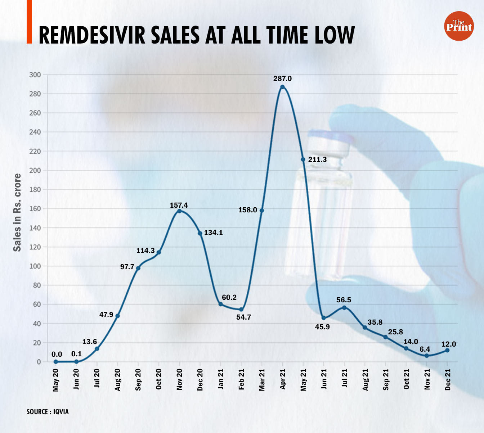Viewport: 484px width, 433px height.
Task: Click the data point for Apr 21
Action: [x=282, y=87]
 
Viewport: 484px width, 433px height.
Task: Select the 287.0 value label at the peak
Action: [x=282, y=78]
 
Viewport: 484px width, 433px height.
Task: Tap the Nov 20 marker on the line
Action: [x=179, y=211]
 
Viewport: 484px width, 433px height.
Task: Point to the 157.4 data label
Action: [x=179, y=205]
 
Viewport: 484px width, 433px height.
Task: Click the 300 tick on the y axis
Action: [x=35, y=75]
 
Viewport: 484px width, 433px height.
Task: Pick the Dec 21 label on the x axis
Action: [x=448, y=379]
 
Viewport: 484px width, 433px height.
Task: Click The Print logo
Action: [x=459, y=26]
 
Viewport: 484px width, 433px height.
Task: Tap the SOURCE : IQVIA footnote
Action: [x=48, y=411]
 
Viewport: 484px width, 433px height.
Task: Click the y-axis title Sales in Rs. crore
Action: [x=17, y=212]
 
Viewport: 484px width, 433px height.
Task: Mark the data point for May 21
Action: [x=303, y=159]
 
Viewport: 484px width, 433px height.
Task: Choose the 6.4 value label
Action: [x=425, y=349]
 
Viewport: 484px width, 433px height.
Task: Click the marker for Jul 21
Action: [x=344, y=307]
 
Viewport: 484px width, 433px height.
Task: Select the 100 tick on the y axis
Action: [x=35, y=266]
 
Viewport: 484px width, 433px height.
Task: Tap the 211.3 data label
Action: [x=317, y=159]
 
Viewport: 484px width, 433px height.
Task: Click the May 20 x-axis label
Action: [x=55, y=380]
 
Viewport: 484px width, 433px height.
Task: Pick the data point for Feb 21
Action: [x=241, y=310]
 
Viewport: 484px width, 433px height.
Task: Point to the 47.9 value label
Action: [x=106, y=315]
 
